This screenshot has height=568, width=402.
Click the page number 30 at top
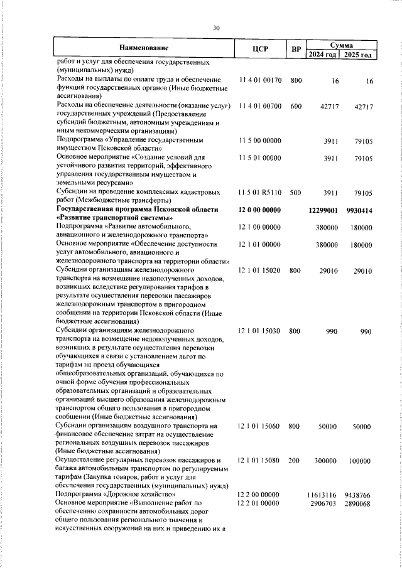tap(216, 28)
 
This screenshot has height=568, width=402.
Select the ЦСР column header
tap(260, 49)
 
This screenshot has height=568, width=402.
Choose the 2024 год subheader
tap(323, 54)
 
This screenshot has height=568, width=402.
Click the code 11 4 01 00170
tap(260, 81)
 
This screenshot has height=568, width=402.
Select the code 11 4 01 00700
tap(260, 107)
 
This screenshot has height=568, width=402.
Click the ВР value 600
tap(296, 107)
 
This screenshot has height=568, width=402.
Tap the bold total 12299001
tap(325, 209)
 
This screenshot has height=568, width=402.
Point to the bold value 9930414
tap(359, 209)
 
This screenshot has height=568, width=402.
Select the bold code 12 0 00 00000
tap(260, 209)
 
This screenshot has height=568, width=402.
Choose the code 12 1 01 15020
tap(260, 270)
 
